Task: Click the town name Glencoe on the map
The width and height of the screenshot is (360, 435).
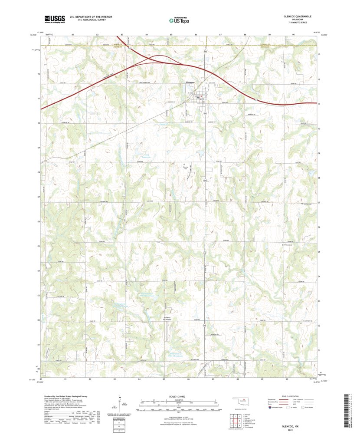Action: point(190,82)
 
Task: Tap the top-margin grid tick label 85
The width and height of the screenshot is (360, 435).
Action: point(171,34)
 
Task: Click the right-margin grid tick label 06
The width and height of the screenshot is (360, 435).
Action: point(319,227)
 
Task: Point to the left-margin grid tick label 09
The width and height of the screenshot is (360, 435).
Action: point(39,148)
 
